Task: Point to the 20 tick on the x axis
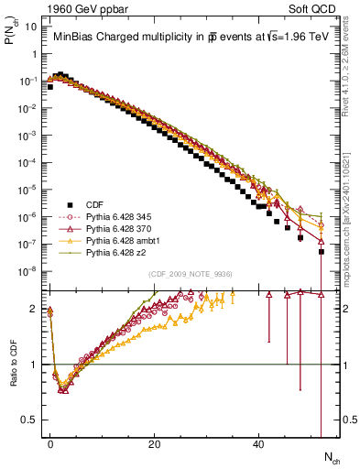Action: point(155,444)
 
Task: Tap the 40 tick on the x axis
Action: point(259,444)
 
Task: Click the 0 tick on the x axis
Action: point(50,444)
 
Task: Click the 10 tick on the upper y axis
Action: point(28,27)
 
